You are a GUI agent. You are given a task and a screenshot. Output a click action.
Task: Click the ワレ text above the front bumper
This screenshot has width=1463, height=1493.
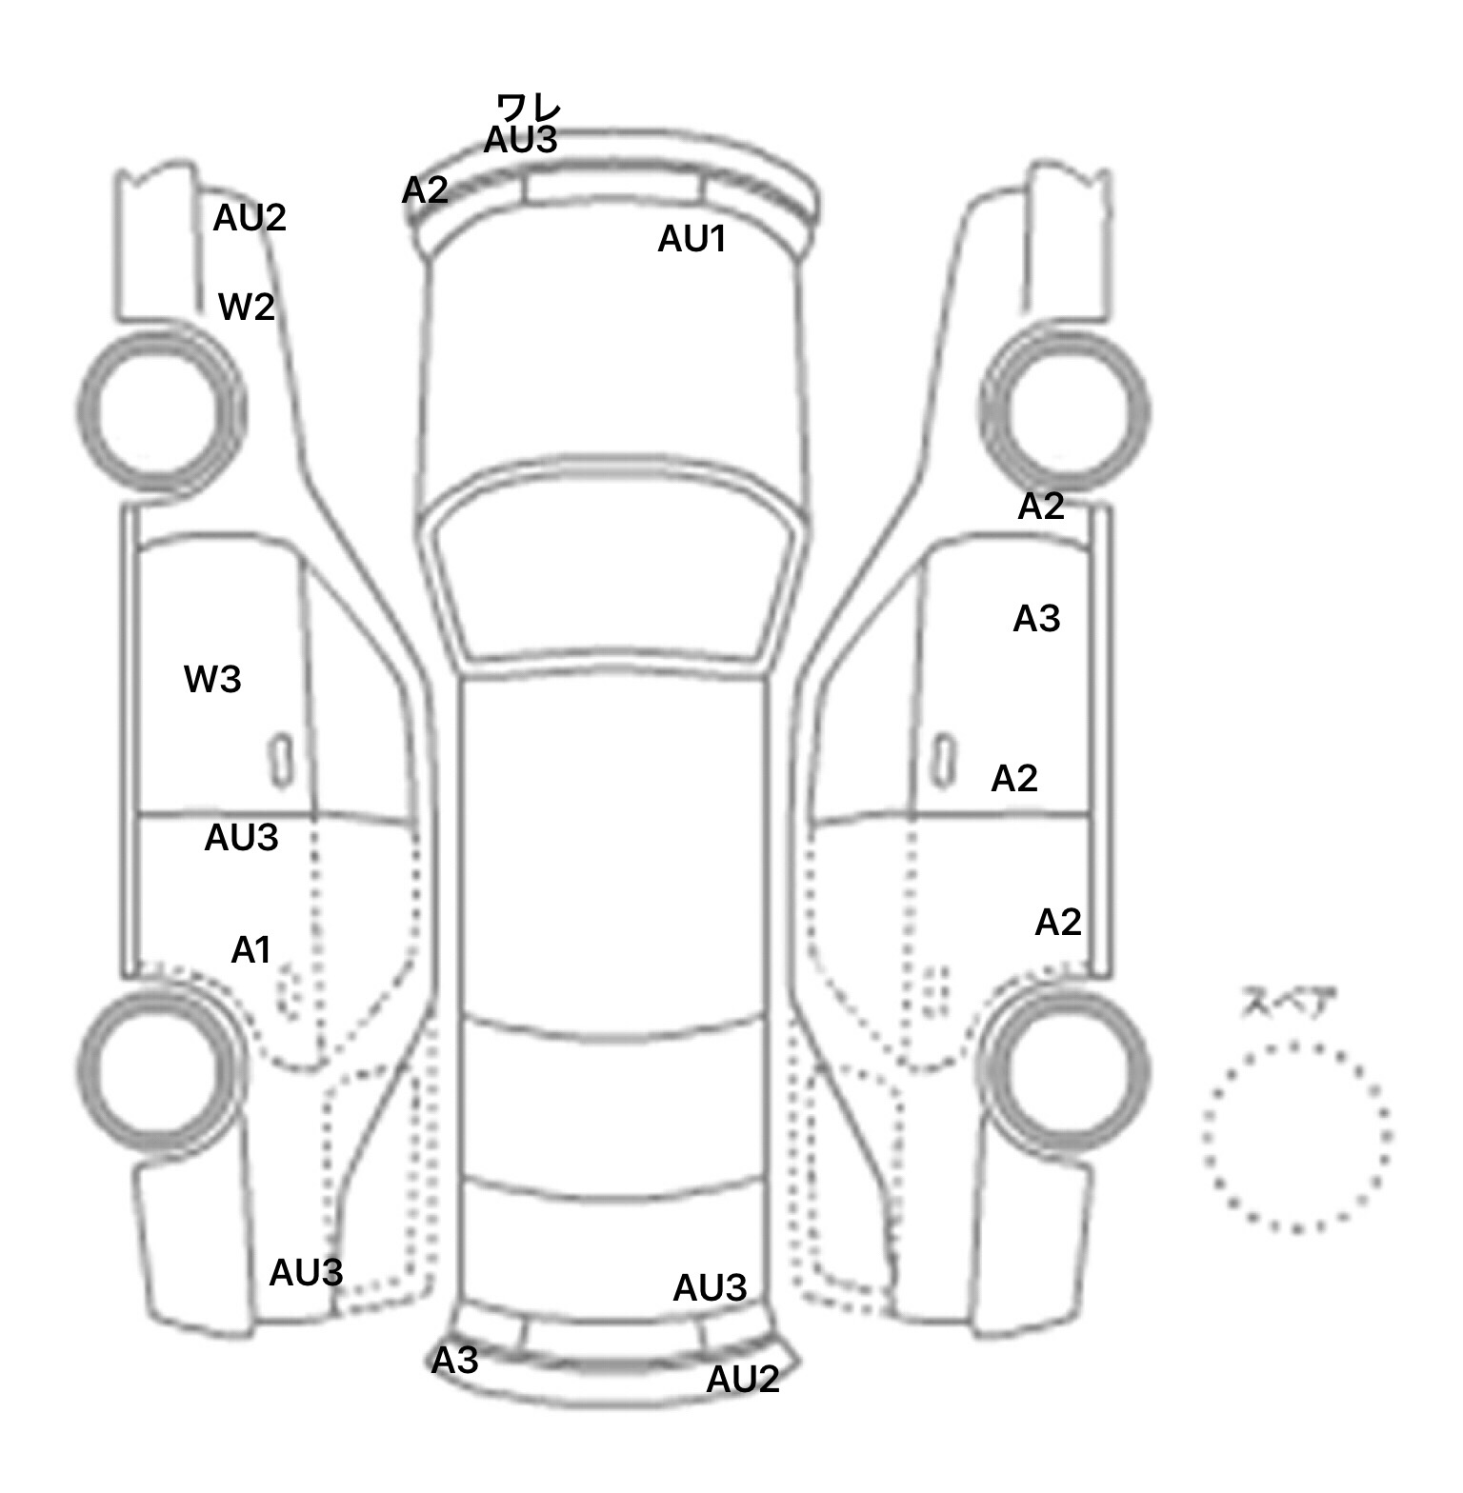529,106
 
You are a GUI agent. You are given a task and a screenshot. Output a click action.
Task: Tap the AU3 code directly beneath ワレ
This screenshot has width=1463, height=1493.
520,140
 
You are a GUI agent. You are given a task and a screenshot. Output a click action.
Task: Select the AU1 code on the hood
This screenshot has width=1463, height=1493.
691,239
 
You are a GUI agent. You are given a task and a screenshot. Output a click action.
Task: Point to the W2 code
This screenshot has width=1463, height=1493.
247,307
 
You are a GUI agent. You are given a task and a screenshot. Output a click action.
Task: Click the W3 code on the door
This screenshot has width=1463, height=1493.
212,679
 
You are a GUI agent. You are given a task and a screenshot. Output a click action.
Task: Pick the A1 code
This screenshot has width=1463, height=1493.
251,949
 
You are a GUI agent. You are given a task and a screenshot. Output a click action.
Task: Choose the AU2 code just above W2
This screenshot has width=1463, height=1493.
250,218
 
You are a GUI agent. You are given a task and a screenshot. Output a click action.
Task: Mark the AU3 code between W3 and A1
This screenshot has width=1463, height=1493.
241,838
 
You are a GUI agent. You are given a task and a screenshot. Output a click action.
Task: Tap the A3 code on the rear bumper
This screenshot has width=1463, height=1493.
454,1361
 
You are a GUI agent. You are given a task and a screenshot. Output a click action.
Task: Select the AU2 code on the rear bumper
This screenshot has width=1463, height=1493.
743,1379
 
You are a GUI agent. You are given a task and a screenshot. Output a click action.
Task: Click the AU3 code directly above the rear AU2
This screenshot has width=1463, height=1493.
710,1288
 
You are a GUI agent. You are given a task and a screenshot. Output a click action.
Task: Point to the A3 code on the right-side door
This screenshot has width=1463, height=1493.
1036,619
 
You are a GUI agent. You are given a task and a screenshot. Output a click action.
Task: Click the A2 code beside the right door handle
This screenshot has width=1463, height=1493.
1014,779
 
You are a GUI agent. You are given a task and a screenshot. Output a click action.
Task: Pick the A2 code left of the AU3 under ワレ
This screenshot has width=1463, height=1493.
425,190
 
